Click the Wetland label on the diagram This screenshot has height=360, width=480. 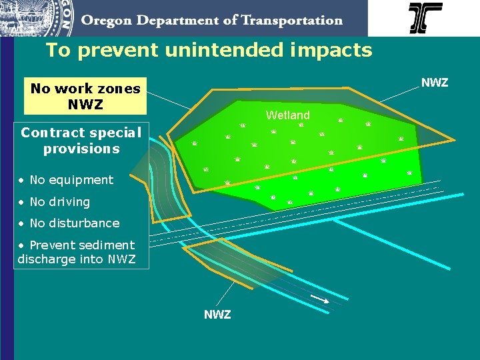point(287,115)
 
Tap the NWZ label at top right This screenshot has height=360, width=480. point(434,83)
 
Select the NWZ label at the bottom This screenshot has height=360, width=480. point(217,314)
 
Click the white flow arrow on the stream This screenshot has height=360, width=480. point(320,299)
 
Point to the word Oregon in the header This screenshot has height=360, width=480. point(106,21)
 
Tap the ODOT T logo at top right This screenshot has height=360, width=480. point(425,18)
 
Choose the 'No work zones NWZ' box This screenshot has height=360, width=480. point(85,97)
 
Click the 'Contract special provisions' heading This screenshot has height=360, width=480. point(81,140)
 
